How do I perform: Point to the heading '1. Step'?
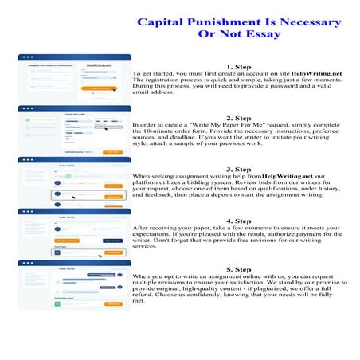240,67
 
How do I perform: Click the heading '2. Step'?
240,118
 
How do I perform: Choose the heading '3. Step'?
240,169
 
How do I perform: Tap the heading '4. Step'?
240,221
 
